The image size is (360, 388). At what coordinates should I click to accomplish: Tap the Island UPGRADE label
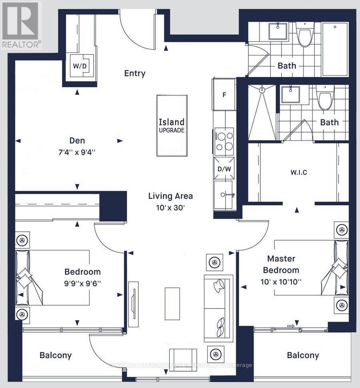click(x=172, y=125)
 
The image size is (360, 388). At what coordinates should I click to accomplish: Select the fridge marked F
click(x=224, y=95)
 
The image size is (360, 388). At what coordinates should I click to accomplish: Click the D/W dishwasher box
click(x=224, y=169)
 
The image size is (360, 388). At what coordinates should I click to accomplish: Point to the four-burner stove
click(x=224, y=141)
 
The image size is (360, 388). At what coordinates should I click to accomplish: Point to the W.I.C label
click(x=298, y=173)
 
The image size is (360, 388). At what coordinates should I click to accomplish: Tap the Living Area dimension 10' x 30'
click(x=171, y=208)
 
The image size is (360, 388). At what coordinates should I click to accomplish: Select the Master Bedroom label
click(x=283, y=264)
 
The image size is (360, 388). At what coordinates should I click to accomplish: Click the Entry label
click(x=135, y=74)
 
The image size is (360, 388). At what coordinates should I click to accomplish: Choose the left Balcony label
click(x=56, y=355)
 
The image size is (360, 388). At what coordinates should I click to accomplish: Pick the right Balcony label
click(x=303, y=355)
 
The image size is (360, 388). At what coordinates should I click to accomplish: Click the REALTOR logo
click(x=21, y=25)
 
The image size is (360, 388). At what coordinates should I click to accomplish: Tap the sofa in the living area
click(x=217, y=308)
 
